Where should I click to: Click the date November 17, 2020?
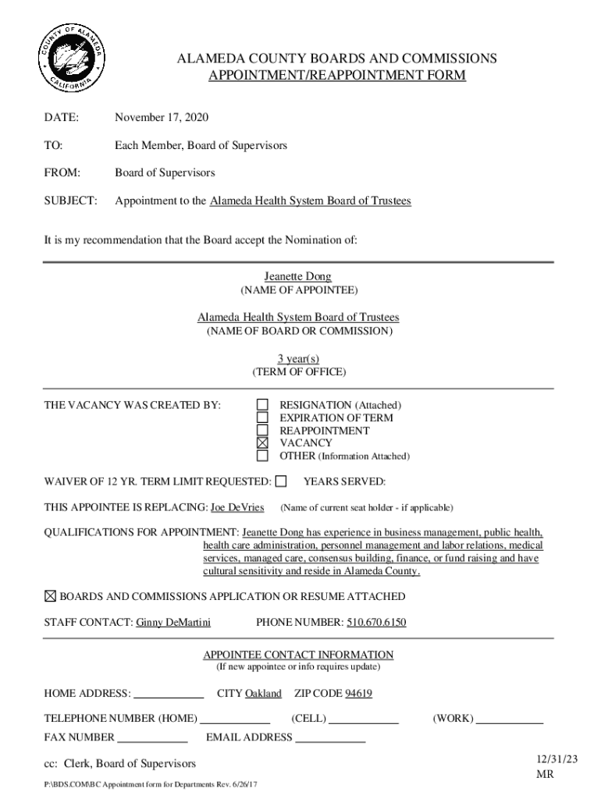(x=162, y=118)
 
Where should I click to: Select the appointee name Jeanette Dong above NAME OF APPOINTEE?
(x=297, y=277)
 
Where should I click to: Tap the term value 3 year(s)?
(x=298, y=359)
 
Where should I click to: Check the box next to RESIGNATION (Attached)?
(x=263, y=405)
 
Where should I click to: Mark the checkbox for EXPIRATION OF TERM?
(x=263, y=417)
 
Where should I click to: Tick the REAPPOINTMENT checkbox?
(x=263, y=430)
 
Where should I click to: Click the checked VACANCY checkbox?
(x=263, y=442)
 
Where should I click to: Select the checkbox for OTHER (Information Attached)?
(x=263, y=456)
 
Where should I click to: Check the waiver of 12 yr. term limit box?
(x=281, y=481)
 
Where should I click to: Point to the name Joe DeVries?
(x=237, y=507)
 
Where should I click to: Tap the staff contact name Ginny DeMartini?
(x=173, y=623)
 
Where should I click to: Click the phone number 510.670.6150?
(x=376, y=623)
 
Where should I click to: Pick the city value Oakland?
(x=263, y=693)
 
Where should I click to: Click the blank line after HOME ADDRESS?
(x=169, y=694)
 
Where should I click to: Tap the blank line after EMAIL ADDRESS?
(x=330, y=738)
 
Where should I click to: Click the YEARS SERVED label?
(x=344, y=481)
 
